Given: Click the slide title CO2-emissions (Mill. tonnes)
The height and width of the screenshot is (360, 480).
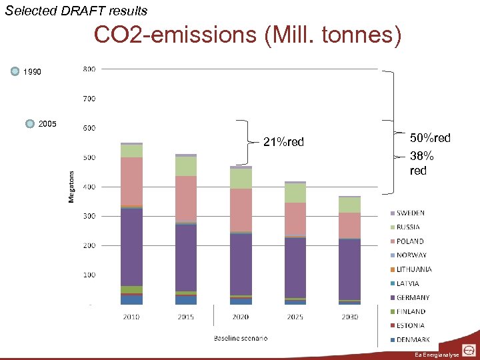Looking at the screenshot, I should coord(247,35).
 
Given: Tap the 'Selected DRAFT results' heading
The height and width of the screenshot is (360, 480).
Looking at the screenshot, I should coord(76,11).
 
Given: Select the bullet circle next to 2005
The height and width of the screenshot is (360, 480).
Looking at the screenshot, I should coord(30,123).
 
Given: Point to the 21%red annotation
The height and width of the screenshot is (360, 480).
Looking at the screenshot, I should coord(283,142).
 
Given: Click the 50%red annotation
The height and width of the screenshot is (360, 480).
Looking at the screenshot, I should coord(429,138).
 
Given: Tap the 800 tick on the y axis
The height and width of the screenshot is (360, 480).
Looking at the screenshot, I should coord(89,69).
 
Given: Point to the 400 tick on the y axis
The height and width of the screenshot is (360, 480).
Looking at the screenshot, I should coord(89,187).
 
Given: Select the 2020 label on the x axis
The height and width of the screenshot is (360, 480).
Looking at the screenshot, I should coord(240,317).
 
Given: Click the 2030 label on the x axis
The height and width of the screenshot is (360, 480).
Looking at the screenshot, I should coord(349,317).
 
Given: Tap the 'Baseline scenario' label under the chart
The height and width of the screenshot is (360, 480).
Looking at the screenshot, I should coord(240,338).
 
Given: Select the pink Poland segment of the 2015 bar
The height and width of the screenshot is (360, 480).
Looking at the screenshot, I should coord(186,199).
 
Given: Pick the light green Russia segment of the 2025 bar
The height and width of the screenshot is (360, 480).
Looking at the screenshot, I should coord(295,193).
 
